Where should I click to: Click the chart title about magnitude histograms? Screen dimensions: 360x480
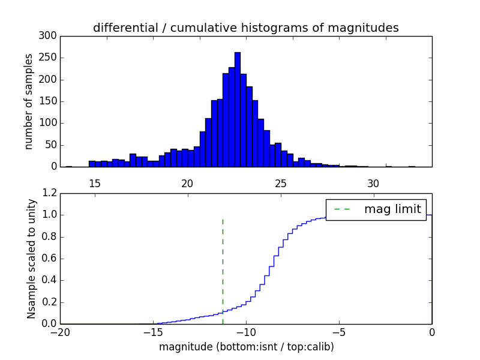[x=245, y=28]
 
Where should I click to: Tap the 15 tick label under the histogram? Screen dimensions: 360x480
[x=94, y=184]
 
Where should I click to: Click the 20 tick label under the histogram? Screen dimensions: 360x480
[x=187, y=184]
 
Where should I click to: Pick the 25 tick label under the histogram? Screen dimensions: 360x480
[x=280, y=184]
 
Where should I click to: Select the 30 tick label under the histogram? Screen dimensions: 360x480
[x=373, y=184]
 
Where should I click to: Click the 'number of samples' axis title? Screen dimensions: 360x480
[x=29, y=101]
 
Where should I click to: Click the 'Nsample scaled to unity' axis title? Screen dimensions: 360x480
[x=31, y=259]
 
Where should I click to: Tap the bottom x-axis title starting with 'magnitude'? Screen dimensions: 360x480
[x=246, y=347]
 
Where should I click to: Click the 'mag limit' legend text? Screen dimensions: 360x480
[x=392, y=209]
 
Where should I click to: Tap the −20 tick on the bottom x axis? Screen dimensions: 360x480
[x=60, y=332]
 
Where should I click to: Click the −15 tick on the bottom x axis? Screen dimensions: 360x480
[x=153, y=332]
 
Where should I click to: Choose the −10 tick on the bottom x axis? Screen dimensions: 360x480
[x=246, y=332]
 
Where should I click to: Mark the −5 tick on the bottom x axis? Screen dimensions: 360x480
[x=339, y=332]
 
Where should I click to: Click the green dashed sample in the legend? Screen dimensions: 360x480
[x=342, y=209]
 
